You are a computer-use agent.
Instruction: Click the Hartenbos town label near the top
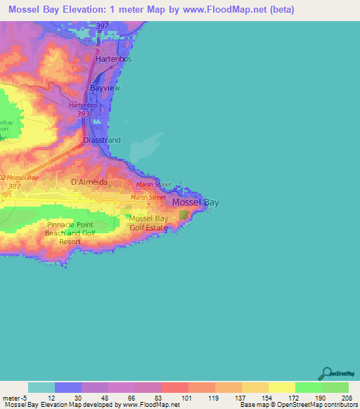(x=115, y=60)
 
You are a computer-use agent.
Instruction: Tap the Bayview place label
(x=106, y=89)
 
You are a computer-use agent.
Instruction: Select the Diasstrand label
(x=102, y=140)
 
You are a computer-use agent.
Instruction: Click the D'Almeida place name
(x=89, y=181)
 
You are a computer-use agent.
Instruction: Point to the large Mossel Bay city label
(x=195, y=202)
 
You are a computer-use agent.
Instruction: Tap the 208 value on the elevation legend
(x=345, y=397)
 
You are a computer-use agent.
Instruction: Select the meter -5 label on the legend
(x=15, y=397)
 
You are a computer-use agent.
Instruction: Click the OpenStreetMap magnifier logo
(x=326, y=373)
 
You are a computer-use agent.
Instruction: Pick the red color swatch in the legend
(x=174, y=387)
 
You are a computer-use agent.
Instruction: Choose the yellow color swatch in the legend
(x=281, y=387)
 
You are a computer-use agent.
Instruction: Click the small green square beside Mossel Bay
(x=184, y=213)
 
